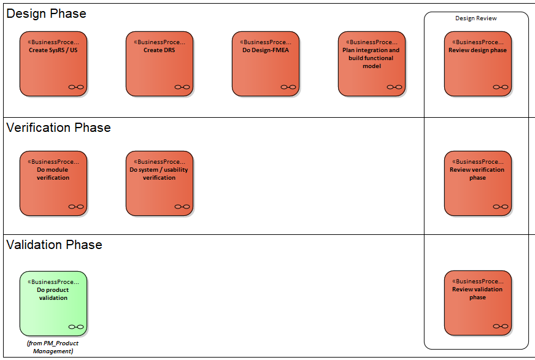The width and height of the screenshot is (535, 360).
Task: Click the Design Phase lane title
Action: (x=46, y=13)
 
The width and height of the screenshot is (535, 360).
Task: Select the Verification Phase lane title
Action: (x=58, y=128)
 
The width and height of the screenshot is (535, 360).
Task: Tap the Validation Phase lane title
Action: (x=54, y=245)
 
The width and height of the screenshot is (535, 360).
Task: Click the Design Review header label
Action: (x=476, y=18)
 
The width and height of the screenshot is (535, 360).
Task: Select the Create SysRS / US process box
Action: (x=53, y=64)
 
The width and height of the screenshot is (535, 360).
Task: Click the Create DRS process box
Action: (x=160, y=64)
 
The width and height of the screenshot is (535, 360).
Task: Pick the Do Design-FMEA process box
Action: (x=266, y=64)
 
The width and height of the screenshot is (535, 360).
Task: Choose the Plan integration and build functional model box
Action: (x=372, y=64)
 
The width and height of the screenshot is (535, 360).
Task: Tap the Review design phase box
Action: (x=477, y=64)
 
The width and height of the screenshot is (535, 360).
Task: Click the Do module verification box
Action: (x=53, y=183)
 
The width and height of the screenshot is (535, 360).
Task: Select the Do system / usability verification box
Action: (x=160, y=183)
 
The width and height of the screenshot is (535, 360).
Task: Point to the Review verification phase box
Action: (x=477, y=183)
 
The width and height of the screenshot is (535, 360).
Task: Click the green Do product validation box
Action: (x=53, y=304)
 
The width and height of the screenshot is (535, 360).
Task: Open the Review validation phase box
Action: (x=477, y=303)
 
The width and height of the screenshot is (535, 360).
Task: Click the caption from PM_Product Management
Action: (x=53, y=347)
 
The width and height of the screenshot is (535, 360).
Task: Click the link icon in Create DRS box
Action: (x=182, y=87)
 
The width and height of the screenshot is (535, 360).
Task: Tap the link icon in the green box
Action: (x=76, y=327)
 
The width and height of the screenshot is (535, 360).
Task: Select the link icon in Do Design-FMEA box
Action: (x=288, y=87)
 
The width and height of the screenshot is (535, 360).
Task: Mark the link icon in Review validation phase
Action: (x=501, y=326)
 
